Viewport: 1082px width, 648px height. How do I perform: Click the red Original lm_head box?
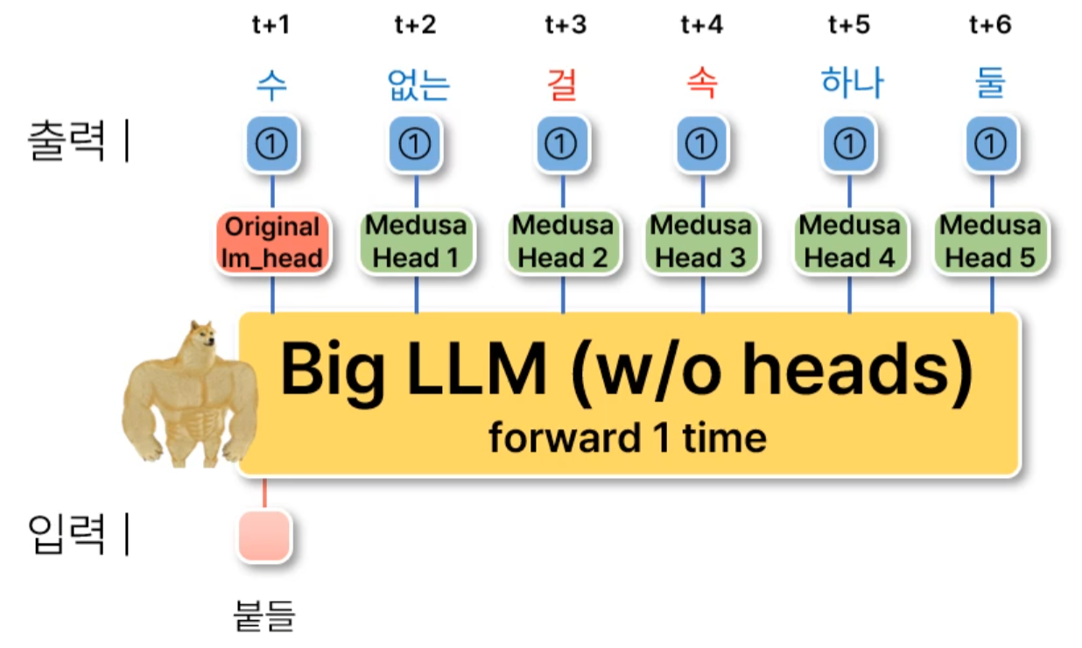pos(272,243)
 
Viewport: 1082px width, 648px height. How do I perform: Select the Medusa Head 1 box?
pos(417,243)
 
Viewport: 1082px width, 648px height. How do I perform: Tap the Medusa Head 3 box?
pos(701,243)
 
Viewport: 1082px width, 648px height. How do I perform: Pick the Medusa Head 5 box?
pos(991,243)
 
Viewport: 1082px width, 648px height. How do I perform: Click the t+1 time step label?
pos(270,25)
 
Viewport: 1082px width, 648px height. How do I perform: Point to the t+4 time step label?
pos(701,25)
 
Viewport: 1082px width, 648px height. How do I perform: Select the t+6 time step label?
pos(990,25)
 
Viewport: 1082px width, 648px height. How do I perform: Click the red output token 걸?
pos(560,83)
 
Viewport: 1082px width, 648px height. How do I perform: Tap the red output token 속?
pos(701,83)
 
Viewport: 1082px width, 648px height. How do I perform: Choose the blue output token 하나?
pos(852,83)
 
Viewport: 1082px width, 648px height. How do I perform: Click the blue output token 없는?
pos(418,84)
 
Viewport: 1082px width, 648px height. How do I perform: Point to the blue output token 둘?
pos(990,83)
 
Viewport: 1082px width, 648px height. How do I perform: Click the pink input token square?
pos(263,536)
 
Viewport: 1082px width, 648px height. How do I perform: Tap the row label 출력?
pos(67,141)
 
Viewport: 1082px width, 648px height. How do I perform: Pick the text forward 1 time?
pos(628,437)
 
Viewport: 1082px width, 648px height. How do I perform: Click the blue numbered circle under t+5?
pos(850,144)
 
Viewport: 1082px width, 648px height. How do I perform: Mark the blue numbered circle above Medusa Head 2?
pos(561,144)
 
